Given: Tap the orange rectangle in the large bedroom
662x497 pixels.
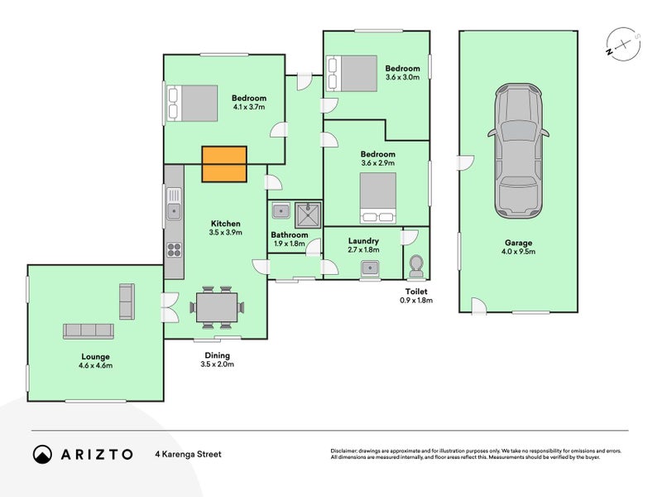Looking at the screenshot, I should click(224, 163).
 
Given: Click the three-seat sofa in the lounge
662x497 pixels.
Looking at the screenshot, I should click(88, 331).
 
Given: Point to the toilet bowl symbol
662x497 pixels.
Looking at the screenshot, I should click(416, 265).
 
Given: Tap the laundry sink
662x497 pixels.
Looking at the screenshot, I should click(369, 268).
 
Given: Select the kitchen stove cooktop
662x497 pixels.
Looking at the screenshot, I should click(174, 248).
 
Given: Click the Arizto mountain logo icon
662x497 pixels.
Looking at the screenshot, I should click(42, 454).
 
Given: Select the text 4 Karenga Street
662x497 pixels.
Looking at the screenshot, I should click(188, 454).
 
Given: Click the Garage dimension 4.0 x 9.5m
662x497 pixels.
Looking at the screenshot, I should click(518, 252).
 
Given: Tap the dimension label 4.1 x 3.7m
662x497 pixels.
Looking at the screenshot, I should click(248, 107).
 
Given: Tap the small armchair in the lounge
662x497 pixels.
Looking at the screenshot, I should click(127, 302).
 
